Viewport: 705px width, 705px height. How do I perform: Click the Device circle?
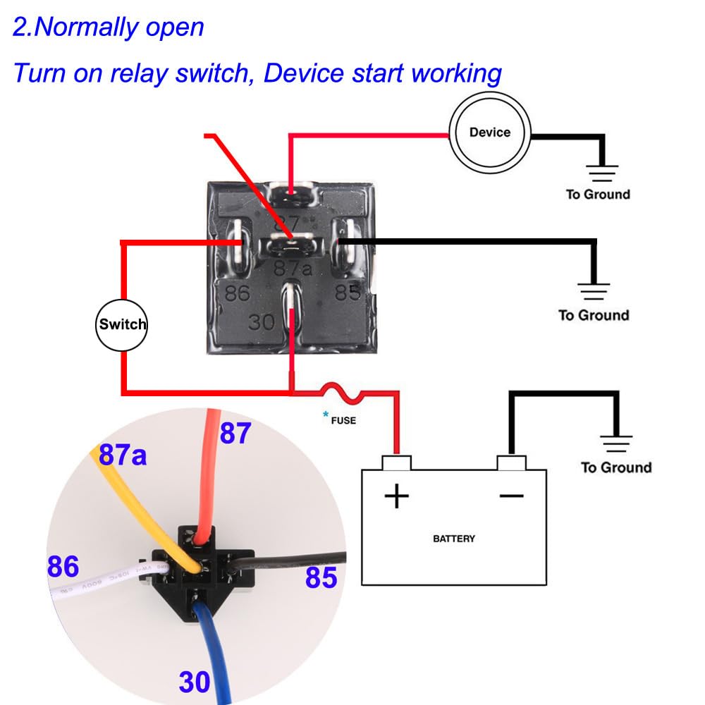pos(490,133)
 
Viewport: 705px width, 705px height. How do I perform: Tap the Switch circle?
pos(123,324)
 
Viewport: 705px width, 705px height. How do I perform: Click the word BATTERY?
pos(453,539)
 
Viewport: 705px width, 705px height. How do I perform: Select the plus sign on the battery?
pos(396,496)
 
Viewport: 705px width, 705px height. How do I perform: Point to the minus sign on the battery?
pos(511,496)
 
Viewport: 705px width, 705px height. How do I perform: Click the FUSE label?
pos(343,421)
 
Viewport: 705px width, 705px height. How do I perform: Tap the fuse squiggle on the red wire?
pos(343,393)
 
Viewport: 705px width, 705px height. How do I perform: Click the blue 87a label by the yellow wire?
pos(123,455)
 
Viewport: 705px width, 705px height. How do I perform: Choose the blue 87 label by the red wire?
pos(235,433)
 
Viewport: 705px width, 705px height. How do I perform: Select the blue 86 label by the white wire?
pos(63,566)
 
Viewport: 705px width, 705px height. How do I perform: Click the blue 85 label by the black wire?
pos(321,578)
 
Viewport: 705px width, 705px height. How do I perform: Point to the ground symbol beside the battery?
pos(616,444)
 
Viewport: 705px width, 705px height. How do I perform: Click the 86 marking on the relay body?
pos(237,292)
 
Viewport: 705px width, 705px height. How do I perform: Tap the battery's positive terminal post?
pos(396,462)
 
